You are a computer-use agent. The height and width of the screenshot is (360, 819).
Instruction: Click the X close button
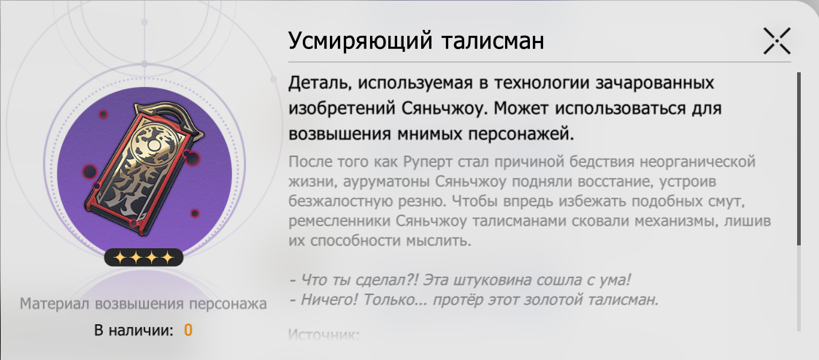point(777,42)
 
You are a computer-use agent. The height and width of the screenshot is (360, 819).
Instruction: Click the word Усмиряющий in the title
point(361,42)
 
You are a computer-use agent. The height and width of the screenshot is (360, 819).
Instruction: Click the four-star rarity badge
point(144,257)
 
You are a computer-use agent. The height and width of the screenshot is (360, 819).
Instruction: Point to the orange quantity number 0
point(188,330)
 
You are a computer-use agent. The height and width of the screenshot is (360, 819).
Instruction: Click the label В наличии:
point(134,330)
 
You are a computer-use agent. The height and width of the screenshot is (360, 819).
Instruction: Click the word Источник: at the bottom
point(324,334)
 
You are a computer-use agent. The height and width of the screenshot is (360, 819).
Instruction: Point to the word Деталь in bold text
point(320,83)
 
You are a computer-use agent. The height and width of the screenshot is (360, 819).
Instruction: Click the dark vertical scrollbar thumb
point(799,158)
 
